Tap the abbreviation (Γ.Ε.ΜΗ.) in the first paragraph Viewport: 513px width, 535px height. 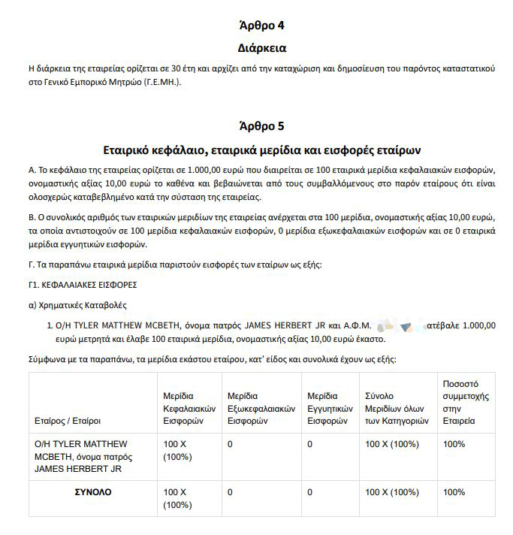[161, 82]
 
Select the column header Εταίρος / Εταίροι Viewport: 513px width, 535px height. [68, 421]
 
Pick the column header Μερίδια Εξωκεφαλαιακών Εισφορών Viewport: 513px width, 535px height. [261, 408]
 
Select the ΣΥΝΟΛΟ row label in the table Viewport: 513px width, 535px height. [92, 492]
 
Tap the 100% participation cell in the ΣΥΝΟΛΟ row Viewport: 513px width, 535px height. [454, 492]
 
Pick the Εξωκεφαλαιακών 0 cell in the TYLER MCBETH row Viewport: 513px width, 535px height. [230, 444]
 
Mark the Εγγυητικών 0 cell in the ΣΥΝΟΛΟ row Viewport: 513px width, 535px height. [309, 492]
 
